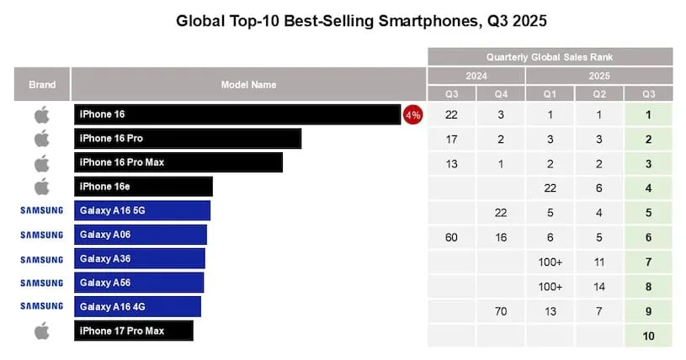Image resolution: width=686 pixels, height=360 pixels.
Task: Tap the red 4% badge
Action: point(413,114)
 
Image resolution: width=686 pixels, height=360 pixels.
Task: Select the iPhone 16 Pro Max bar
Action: point(178,162)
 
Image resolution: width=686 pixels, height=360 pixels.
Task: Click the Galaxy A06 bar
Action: point(140,235)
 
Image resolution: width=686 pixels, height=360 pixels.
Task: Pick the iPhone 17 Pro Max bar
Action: point(133,331)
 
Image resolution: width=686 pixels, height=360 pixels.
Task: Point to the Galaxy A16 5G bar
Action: point(141,210)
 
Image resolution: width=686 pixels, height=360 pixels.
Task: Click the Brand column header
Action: point(42,85)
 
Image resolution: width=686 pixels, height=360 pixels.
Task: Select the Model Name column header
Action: point(248,85)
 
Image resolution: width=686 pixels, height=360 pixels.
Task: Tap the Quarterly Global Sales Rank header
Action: point(550,57)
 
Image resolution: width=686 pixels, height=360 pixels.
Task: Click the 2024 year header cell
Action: point(476,76)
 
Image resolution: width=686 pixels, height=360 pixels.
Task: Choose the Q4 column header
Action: point(501,93)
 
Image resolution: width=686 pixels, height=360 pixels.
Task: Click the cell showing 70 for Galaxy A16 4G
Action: point(501,311)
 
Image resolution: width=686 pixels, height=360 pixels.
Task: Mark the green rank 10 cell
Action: point(648,336)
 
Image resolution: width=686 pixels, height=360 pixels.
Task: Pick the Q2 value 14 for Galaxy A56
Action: point(598,287)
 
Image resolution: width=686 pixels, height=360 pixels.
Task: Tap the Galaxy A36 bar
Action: point(139,258)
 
